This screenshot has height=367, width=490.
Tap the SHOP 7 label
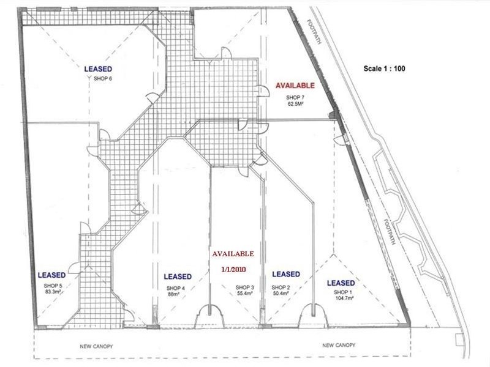coord(295,97)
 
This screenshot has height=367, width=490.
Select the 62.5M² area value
coord(295,104)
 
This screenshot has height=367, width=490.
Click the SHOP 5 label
coord(53,286)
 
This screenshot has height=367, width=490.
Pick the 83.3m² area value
coord(53,292)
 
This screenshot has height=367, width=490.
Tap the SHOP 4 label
coord(175,287)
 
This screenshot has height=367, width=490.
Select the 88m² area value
coord(175,294)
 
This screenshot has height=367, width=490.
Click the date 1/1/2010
coord(232,269)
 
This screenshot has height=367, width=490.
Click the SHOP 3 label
coord(244,287)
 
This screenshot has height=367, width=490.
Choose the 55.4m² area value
coord(244,294)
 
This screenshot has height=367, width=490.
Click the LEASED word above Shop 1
coord(341,283)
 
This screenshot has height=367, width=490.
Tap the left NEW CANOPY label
coord(97,346)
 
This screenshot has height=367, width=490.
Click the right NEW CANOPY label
coord(339,346)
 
